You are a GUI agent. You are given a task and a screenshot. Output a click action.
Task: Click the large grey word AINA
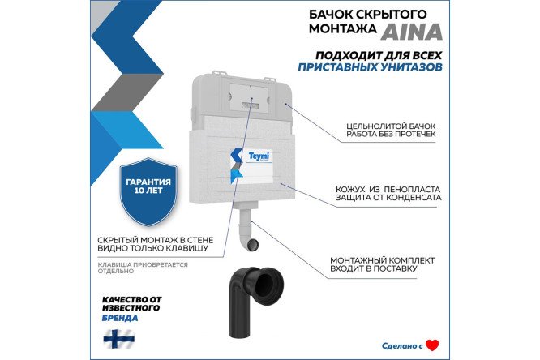pyautogui.click(x=411, y=32)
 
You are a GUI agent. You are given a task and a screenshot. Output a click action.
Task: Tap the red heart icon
pyautogui.click(x=432, y=345)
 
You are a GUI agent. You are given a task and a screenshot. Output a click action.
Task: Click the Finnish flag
pyautogui.click(x=119, y=339)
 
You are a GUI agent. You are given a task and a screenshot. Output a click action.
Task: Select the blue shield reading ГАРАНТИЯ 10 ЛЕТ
pyautogui.click(x=148, y=191)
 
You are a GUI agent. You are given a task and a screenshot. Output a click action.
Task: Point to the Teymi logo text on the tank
pyautogui.click(x=259, y=156)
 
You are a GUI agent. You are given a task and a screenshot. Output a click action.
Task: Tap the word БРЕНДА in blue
pyautogui.click(x=120, y=318)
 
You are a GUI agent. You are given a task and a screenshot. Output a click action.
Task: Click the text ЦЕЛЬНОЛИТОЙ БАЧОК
pyautogui.click(x=391, y=126)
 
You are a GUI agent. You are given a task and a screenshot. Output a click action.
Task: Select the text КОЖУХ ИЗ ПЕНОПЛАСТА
pyautogui.click(x=388, y=190)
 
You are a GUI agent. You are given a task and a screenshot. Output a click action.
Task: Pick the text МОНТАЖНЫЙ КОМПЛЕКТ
pyautogui.click(x=382, y=260)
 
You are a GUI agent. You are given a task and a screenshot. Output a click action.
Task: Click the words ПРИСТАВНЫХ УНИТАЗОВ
pyautogui.click(x=370, y=66)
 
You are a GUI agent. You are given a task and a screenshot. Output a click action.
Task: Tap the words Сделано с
pyautogui.click(x=402, y=345)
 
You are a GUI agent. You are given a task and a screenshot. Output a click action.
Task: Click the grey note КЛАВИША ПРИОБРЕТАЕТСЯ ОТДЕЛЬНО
pyautogui.click(x=143, y=268)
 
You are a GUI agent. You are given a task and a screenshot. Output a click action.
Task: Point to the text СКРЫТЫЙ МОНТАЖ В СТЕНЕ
pyautogui.click(x=156, y=240)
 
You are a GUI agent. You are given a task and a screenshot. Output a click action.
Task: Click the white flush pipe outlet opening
pyautogui.click(x=253, y=244)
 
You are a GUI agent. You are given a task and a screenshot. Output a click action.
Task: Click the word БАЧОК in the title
pyautogui.click(x=328, y=15)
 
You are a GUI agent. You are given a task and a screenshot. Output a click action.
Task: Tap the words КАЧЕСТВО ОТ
pyautogui.click(x=132, y=299)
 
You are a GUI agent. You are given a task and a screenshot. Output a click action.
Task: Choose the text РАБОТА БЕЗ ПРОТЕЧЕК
pyautogui.click(x=391, y=134)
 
